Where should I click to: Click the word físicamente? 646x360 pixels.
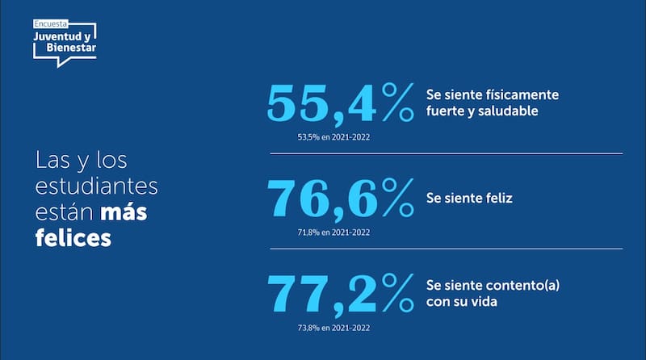coord(522,94)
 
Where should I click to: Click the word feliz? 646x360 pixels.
coord(496,197)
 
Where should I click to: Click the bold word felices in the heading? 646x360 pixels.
coord(73,240)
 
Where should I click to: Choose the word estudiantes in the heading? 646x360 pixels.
coord(96,186)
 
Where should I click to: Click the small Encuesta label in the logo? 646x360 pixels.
coord(50,25)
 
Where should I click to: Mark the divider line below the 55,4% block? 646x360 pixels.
coord(441,153)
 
